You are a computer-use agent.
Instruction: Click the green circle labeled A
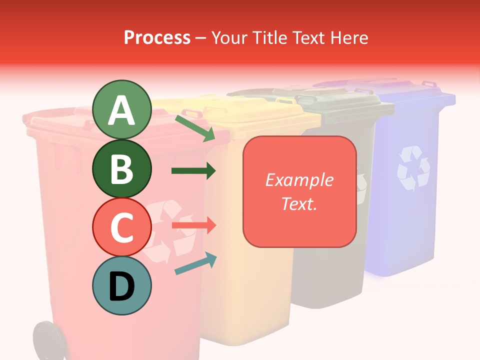tap(121, 110)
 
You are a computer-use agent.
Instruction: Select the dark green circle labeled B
tap(121, 169)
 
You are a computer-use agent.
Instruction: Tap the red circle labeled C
tap(121, 227)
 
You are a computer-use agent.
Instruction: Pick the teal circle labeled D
tap(121, 286)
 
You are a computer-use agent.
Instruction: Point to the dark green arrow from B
tap(193, 171)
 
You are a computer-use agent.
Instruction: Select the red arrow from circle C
tap(193, 225)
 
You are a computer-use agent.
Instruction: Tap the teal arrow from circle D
tap(195, 263)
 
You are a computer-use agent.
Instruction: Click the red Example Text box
tap(299, 191)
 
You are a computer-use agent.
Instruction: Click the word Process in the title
tap(157, 37)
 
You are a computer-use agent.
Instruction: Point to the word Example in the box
tap(299, 180)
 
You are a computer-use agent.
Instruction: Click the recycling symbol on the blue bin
tap(413, 169)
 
